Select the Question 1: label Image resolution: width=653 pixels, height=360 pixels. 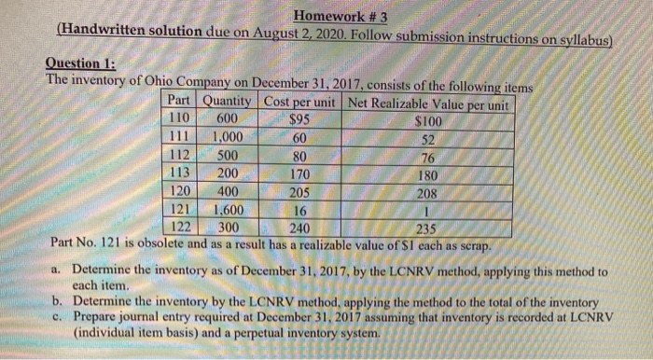(x=81, y=63)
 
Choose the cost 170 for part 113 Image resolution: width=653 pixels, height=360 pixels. (x=299, y=173)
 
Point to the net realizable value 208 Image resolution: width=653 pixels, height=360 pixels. (x=426, y=192)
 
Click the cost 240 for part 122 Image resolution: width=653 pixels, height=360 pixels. (x=299, y=228)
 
